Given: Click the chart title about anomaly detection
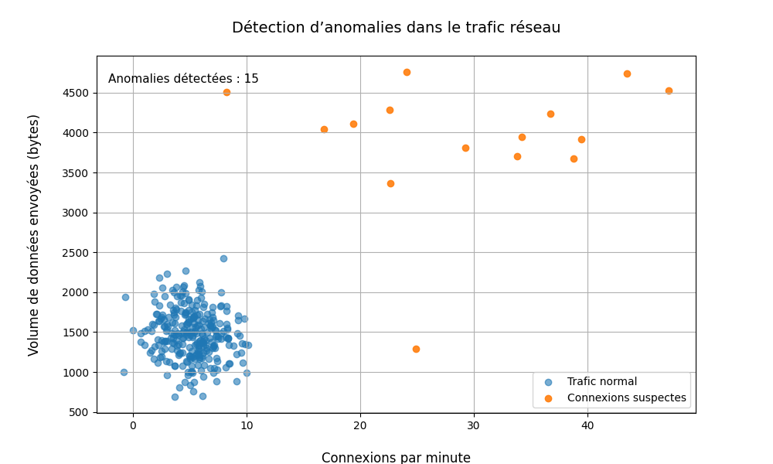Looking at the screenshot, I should click(x=396, y=28).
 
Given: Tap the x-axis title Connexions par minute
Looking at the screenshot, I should click(x=396, y=457).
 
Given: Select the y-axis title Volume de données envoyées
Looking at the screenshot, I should click(x=34, y=234).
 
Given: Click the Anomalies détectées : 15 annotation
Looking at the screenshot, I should click(x=183, y=79).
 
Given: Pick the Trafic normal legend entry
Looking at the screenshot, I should click(x=601, y=382).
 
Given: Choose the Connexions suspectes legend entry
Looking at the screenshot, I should click(x=626, y=398).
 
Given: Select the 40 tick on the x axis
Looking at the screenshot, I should click(x=587, y=426).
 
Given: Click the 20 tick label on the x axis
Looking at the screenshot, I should click(x=360, y=426).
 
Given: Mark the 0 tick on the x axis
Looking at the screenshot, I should click(x=133, y=426).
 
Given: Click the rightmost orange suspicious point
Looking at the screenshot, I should click(x=669, y=90).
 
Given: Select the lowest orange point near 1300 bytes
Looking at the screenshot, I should click(x=416, y=349).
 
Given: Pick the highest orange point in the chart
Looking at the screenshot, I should click(x=407, y=72).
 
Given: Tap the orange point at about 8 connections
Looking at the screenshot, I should click(x=226, y=92).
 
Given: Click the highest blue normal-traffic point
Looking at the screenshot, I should click(x=223, y=258).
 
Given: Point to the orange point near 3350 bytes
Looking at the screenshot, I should click(x=390, y=183).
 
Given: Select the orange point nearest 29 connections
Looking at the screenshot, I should click(x=465, y=148).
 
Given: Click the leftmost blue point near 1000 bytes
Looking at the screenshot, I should click(x=124, y=372).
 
